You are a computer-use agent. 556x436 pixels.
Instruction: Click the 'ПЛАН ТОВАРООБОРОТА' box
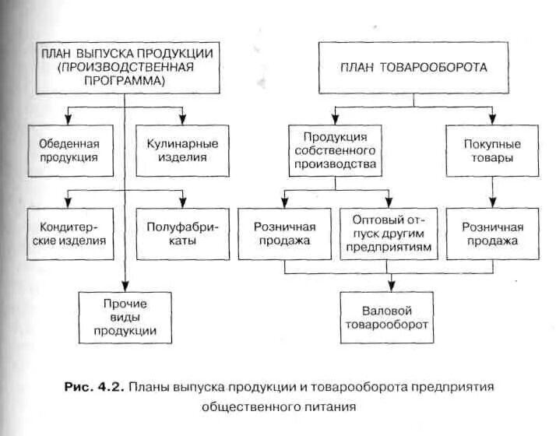coord(414,68)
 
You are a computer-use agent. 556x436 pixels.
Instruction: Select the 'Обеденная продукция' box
coord(69,150)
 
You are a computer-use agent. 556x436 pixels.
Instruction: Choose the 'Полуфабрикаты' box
coord(182,234)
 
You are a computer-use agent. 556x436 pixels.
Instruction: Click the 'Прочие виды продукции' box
coord(125,317)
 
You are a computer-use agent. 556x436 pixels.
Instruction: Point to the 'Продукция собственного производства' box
coord(335,150)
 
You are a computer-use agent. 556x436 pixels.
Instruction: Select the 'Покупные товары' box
coord(492,150)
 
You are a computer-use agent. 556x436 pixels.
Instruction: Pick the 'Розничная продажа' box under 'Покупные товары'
coord(492,234)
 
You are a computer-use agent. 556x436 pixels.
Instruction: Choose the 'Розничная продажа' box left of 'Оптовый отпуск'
coord(283,234)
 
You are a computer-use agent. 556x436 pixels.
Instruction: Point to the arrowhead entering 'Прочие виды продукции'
coord(125,287)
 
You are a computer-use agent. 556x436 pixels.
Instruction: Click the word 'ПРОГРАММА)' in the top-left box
coord(124,80)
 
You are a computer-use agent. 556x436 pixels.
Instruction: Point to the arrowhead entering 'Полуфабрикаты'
coord(182,203)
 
